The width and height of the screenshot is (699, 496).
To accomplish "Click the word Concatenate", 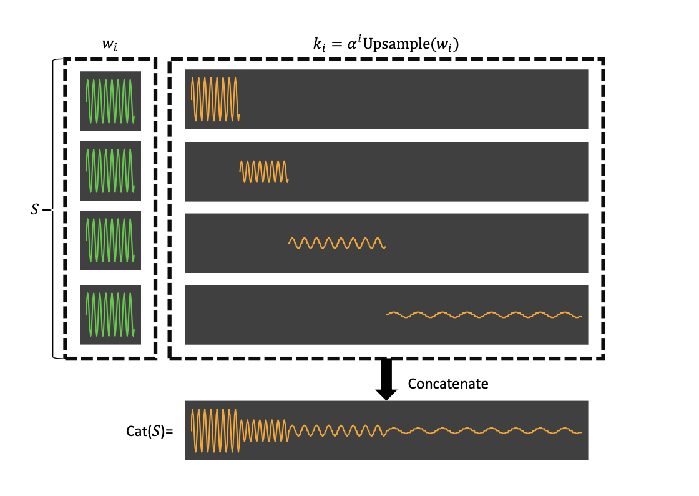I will tap(447, 384).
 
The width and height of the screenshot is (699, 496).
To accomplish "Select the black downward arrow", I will tap(386, 379).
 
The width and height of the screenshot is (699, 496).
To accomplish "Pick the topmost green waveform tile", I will tap(110, 101).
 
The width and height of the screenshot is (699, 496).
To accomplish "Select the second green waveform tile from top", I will tap(110, 170).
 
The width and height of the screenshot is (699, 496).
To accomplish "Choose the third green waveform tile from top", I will tap(110, 240).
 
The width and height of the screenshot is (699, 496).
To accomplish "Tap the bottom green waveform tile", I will tap(110, 314).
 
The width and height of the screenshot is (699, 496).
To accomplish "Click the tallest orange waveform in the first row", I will tap(215, 99).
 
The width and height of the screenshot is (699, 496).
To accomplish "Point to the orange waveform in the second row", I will tap(265, 171).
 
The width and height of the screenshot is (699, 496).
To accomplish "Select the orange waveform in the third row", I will tap(337, 243).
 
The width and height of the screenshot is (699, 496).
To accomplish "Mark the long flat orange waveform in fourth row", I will tap(484, 314).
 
